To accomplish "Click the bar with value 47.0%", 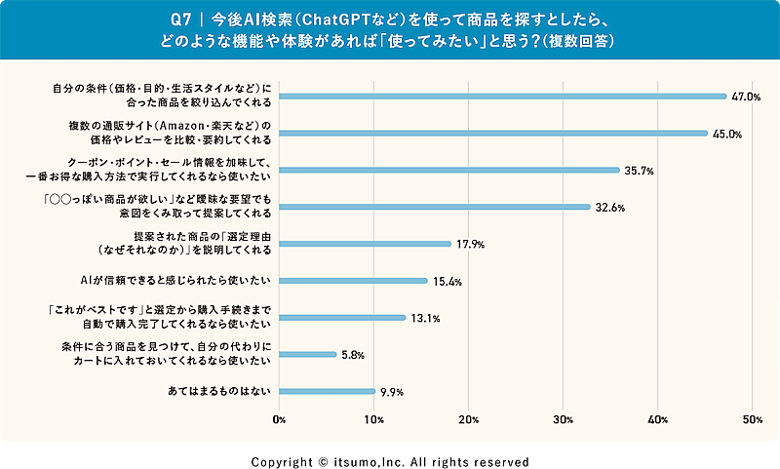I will pos(503,97).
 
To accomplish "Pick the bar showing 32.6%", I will pos(435,207).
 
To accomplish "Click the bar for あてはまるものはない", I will pos(328,392).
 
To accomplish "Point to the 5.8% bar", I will pos(308,355).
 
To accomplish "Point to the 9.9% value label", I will pos(391,393).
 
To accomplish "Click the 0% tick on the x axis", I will pos(280,419).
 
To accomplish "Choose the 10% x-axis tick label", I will pos(374,419).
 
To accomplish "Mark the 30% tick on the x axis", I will pos(563,419).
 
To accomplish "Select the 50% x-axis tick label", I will pos(752,419).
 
